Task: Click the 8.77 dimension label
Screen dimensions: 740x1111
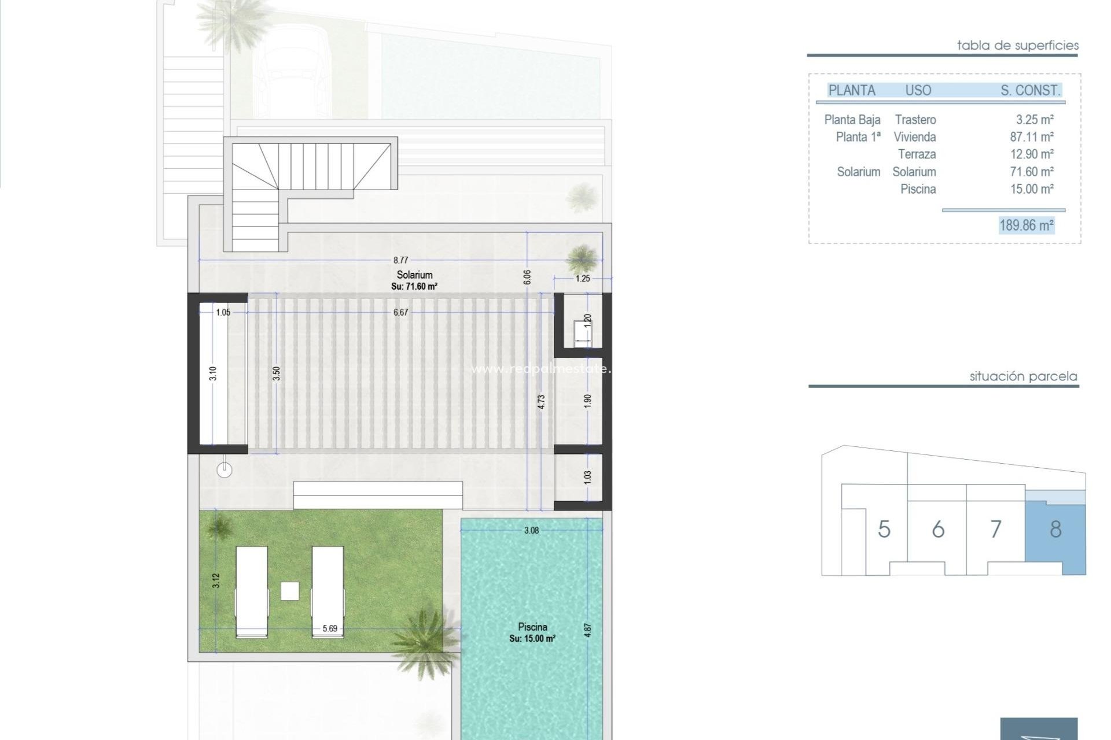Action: (400, 260)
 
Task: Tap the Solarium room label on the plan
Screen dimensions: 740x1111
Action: (414, 275)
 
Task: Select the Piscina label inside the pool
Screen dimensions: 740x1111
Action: (532, 627)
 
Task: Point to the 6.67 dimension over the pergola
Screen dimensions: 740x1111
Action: (400, 312)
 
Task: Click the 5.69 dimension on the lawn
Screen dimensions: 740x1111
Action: (330, 628)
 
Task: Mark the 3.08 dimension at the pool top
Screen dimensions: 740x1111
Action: (531, 530)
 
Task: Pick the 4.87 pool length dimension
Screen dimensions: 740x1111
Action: (588, 630)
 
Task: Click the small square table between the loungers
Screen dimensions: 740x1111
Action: (290, 591)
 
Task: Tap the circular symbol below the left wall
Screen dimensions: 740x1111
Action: (225, 471)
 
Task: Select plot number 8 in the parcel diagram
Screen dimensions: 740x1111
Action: (1055, 530)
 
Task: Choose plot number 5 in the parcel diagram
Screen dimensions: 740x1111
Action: (884, 530)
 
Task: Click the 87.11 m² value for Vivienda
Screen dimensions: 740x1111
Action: (1031, 137)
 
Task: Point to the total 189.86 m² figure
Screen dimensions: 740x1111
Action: (1027, 225)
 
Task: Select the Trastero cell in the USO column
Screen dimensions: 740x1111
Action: (915, 120)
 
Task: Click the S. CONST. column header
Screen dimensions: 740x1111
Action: (1030, 90)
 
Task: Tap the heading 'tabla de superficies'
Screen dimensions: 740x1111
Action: (1018, 45)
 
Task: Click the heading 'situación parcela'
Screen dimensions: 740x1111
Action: (1023, 376)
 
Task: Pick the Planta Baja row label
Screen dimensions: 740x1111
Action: (852, 120)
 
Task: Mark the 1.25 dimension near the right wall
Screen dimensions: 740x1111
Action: (583, 279)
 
